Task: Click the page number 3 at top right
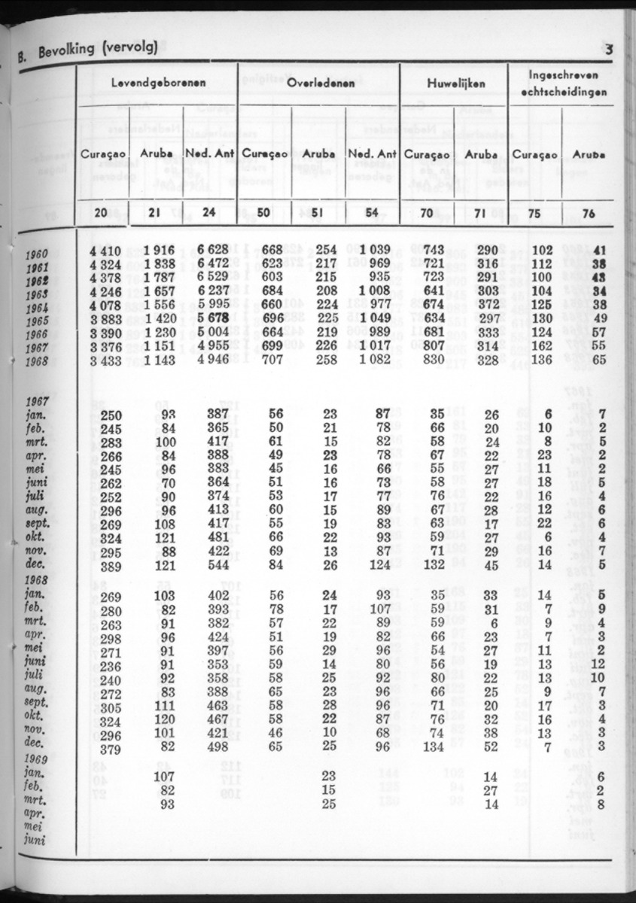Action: click(x=609, y=50)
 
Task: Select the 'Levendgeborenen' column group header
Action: click(x=158, y=82)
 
